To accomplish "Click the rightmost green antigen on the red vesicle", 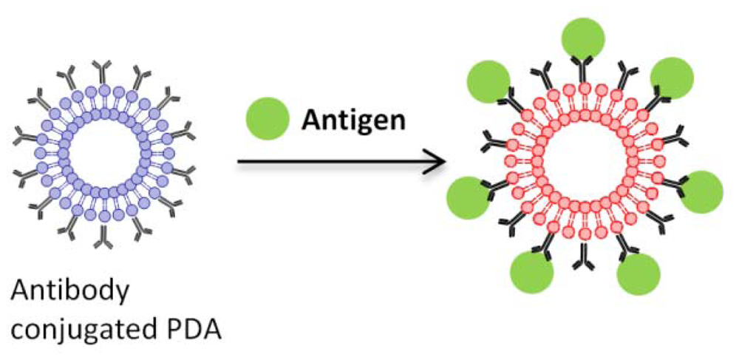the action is (x=700, y=191).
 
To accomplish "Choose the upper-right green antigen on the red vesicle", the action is (x=672, y=76).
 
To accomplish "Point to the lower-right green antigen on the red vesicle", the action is (x=638, y=275).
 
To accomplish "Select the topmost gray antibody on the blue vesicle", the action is (x=101, y=72).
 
